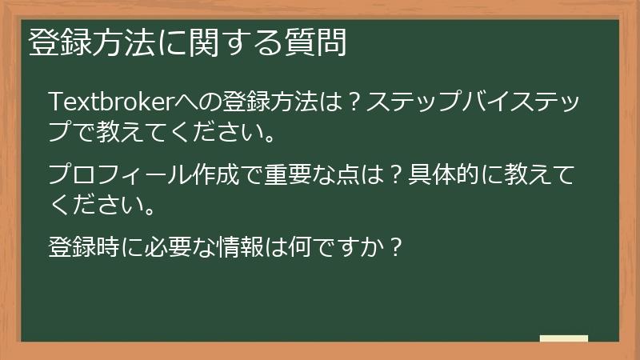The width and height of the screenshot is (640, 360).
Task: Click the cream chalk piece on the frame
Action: (x=563, y=339)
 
